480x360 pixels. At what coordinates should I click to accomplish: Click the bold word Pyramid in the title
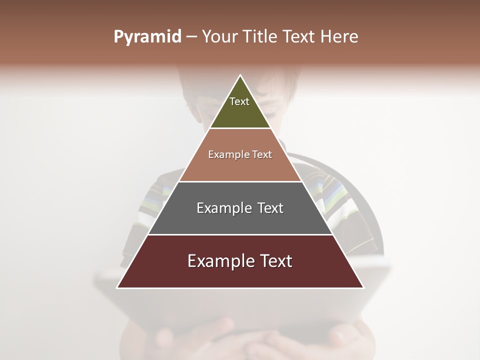[147, 37]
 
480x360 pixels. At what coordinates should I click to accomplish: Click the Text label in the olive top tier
[239, 101]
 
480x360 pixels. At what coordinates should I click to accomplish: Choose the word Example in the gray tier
[223, 208]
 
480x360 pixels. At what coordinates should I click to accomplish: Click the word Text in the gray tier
[270, 208]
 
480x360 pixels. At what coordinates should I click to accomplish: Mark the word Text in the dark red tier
[275, 261]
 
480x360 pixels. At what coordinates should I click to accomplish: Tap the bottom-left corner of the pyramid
[117, 287]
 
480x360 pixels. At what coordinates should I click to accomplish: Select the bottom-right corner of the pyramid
[363, 287]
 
